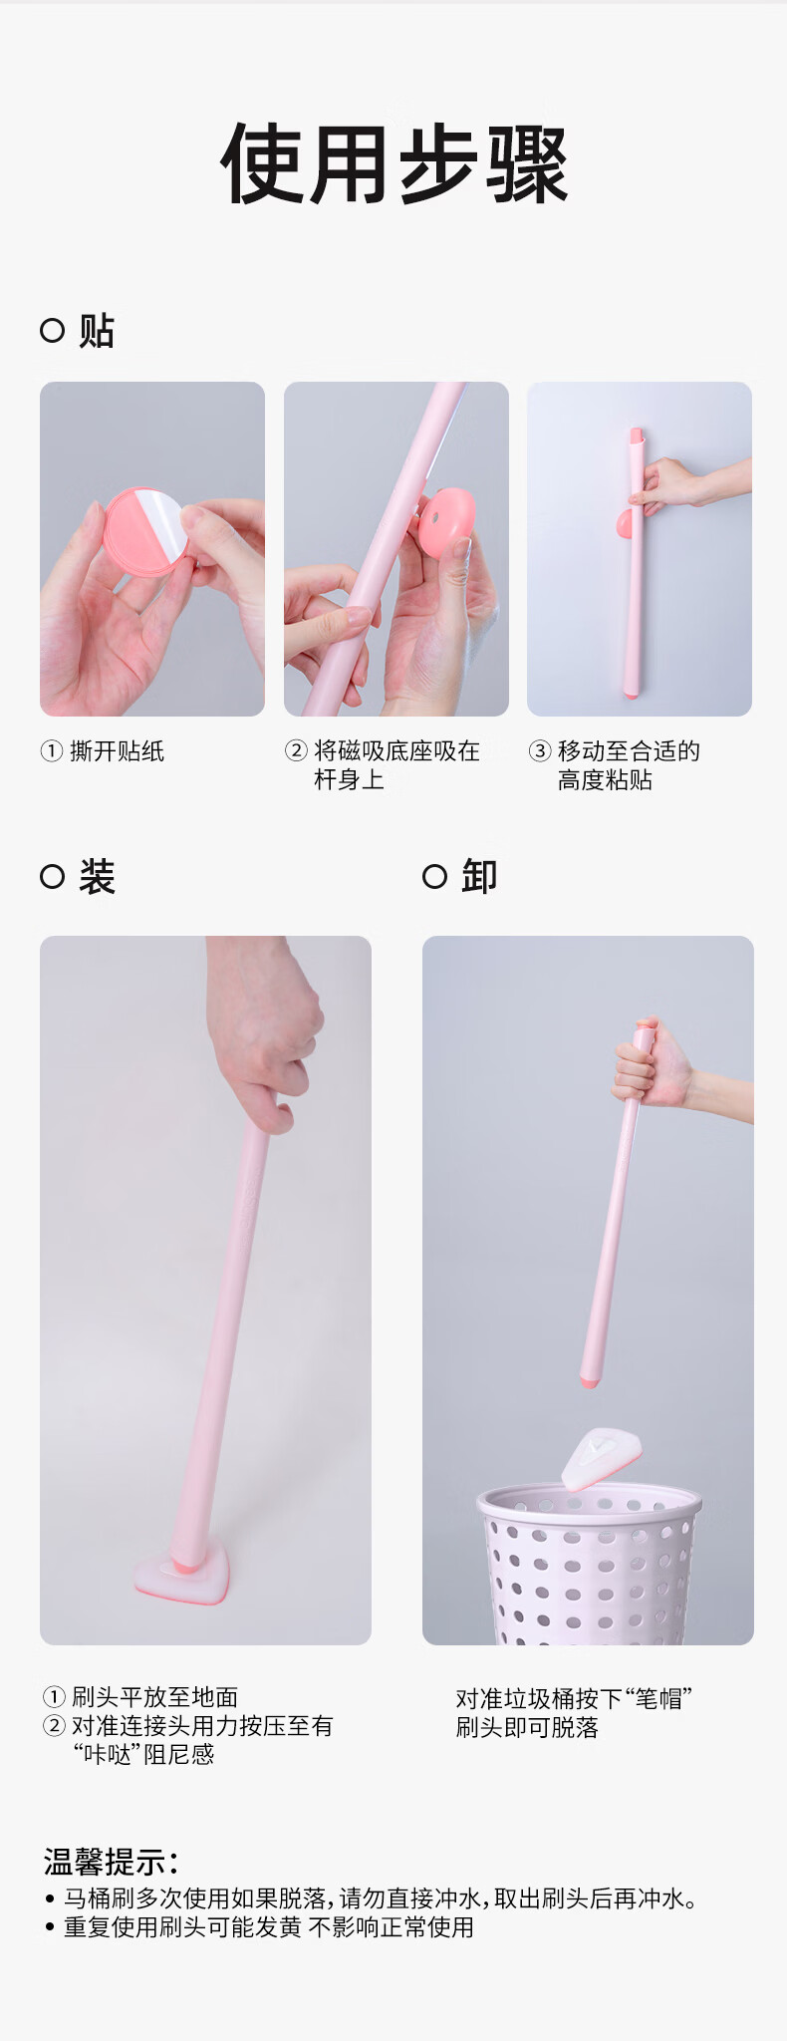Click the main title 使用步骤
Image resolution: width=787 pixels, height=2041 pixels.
tap(394, 164)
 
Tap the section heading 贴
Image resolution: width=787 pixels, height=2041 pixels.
tap(97, 331)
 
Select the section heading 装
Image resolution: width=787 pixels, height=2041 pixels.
tap(97, 877)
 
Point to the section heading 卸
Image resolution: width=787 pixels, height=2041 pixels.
tap(479, 877)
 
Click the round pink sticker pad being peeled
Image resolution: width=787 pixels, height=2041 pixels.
tap(145, 531)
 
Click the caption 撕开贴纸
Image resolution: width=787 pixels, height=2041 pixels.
tap(117, 751)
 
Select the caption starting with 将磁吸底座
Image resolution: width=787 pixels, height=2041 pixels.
tap(396, 765)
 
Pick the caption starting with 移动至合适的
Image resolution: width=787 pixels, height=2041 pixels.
tap(629, 765)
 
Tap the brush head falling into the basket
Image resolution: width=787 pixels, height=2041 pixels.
tap(601, 1459)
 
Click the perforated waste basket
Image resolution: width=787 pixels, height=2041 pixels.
tap(589, 1563)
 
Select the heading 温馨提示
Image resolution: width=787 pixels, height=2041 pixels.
tap(111, 1861)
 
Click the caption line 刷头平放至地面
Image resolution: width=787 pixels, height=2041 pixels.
tap(154, 1696)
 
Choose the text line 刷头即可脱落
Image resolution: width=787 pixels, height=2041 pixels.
tap(527, 1727)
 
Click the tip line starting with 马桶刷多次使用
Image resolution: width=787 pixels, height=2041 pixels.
tap(379, 1898)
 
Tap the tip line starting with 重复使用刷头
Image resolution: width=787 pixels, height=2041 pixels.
tap(269, 1927)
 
